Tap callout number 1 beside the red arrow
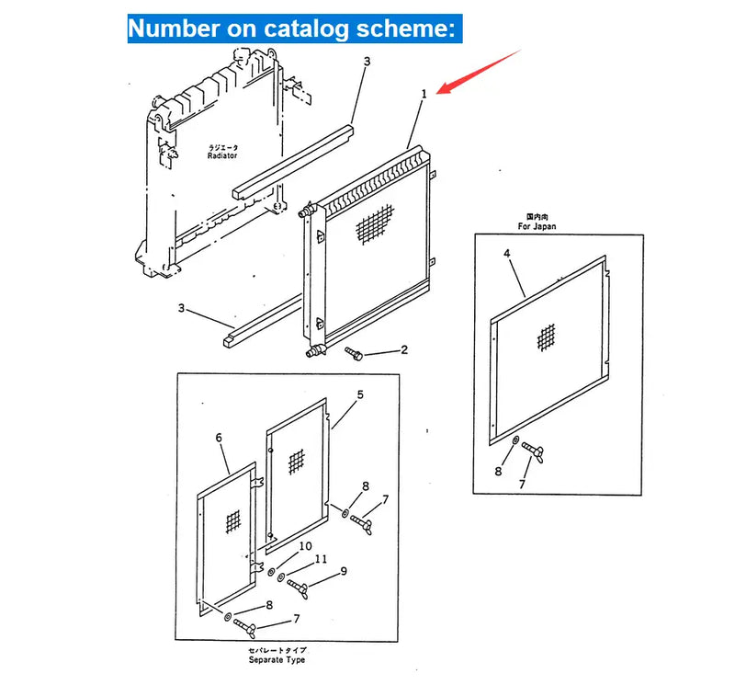424,94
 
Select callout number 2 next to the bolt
402,349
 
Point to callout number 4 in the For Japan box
505,252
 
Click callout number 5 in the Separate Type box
360,394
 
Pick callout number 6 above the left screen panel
220,439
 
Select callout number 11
320,558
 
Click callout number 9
343,571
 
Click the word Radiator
222,156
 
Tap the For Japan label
537,226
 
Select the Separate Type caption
277,660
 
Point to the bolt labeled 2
355,353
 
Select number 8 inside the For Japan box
499,472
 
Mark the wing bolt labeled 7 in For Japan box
533,451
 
